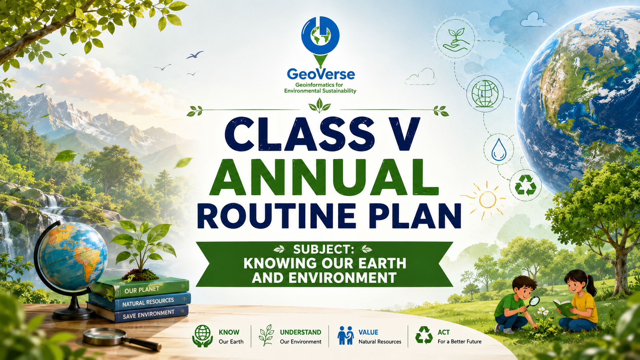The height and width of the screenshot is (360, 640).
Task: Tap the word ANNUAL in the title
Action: point(324,177)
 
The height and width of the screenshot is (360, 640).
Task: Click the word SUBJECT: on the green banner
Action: point(323,249)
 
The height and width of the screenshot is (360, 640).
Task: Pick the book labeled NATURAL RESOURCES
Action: point(140,302)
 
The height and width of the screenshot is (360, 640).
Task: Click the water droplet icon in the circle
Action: point(499,149)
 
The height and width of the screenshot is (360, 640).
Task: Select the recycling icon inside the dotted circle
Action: point(526,185)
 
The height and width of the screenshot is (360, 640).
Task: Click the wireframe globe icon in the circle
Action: point(485,94)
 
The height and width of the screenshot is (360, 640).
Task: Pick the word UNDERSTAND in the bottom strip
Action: point(300,332)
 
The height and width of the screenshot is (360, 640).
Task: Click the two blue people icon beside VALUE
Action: point(345,336)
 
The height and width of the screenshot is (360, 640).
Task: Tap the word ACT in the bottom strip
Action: point(444,332)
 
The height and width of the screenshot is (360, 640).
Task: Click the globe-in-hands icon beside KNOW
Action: point(202,336)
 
